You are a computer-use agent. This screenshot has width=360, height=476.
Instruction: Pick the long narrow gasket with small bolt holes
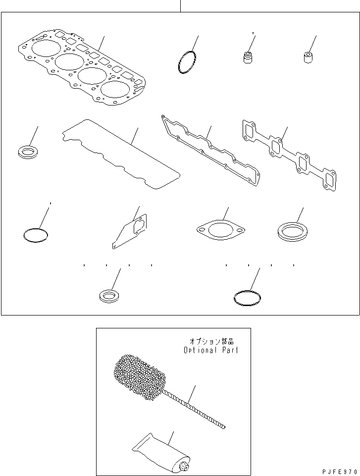(210, 151)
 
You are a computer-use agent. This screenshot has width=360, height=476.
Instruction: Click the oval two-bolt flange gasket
(220, 230)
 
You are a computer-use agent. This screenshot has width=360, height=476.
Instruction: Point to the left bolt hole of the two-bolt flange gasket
(201, 229)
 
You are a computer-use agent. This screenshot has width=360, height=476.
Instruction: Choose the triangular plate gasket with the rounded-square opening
(130, 231)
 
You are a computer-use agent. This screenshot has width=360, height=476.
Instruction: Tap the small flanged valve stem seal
(248, 58)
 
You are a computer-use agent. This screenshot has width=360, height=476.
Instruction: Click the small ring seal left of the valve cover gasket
(29, 152)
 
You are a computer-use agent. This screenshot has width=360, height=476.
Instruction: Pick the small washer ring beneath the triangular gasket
(108, 296)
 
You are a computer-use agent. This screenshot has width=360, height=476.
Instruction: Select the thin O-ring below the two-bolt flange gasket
(247, 298)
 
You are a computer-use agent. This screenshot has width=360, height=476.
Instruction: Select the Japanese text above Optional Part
(211, 341)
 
